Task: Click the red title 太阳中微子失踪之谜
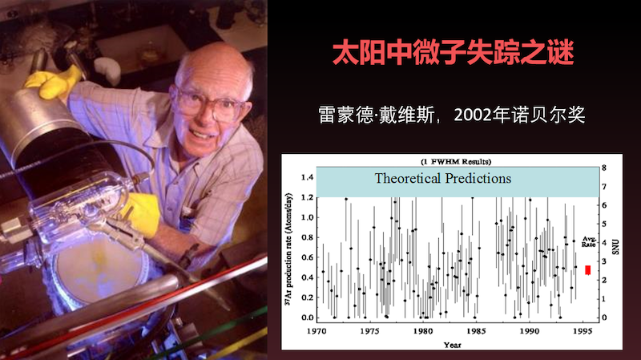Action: click(453, 53)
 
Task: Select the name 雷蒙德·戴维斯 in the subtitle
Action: click(376, 115)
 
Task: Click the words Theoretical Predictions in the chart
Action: click(443, 179)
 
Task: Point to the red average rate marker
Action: click(588, 270)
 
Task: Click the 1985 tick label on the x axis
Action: click(476, 331)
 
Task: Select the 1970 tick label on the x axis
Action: click(316, 331)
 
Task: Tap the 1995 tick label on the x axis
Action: click(583, 331)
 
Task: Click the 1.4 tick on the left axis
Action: click(307, 177)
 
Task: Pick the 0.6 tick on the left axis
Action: click(307, 257)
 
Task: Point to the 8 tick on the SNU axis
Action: click(604, 168)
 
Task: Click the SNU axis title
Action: click(615, 247)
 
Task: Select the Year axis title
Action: click(452, 345)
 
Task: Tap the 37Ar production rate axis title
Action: click(288, 249)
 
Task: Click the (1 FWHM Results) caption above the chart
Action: click(456, 161)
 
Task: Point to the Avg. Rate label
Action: click(589, 241)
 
